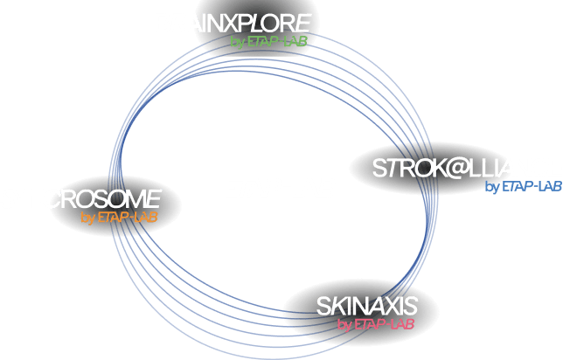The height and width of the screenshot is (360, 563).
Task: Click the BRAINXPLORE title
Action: pos(233,24)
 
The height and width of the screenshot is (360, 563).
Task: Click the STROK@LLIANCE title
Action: pos(466,168)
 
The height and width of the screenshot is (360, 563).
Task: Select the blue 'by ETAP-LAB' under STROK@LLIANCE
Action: pos(523,186)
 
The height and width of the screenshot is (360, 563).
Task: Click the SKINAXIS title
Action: pos(366,306)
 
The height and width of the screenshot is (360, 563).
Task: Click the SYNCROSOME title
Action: pos(80,198)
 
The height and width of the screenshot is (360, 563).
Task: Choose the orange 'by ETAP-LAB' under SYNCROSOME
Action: pos(118,217)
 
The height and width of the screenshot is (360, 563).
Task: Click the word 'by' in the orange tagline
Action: pos(87,218)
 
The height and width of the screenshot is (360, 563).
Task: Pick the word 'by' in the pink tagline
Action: pos(343,325)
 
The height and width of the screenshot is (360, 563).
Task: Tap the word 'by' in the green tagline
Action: pos(238,42)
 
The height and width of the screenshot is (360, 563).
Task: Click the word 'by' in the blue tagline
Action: pos(491,187)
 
